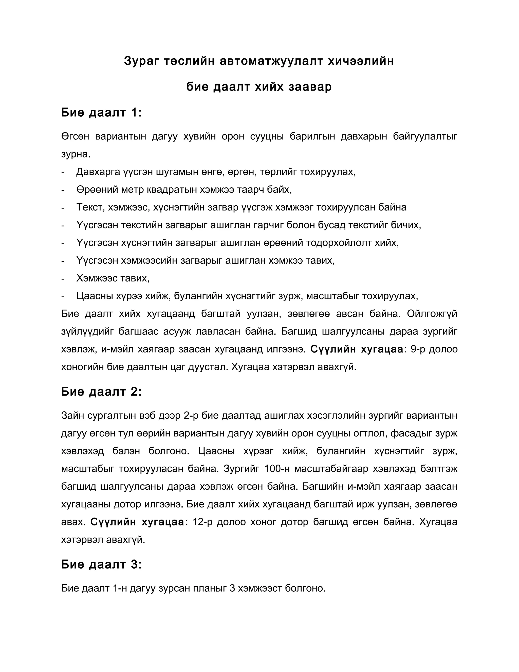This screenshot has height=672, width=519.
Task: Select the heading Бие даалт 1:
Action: [x=101, y=113]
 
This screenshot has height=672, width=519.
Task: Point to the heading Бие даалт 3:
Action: [x=101, y=565]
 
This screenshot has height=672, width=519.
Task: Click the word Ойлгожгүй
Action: [x=432, y=314]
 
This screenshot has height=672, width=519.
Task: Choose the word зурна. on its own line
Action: [x=76, y=154]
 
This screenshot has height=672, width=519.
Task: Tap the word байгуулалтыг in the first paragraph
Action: [x=425, y=136]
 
